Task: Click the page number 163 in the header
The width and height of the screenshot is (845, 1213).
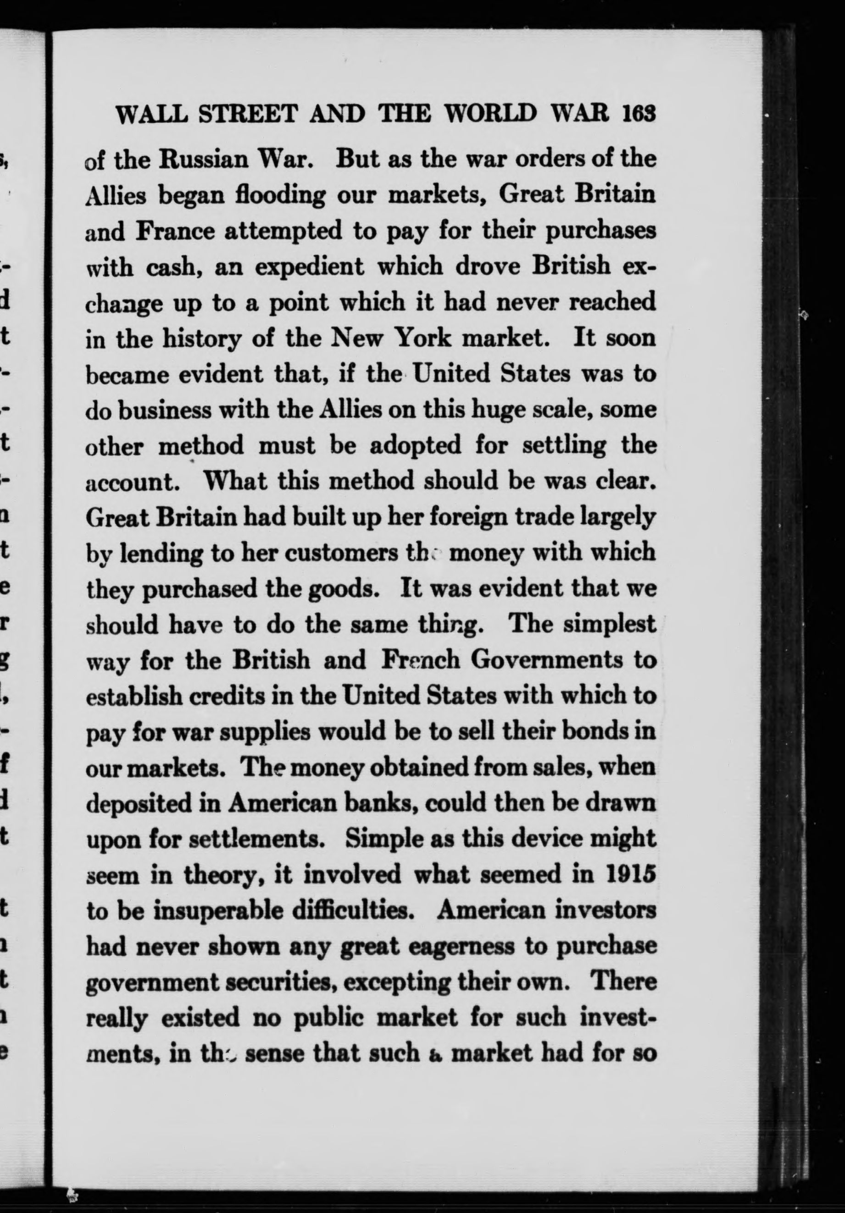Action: point(639,112)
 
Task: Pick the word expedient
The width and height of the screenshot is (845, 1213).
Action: point(310,266)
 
